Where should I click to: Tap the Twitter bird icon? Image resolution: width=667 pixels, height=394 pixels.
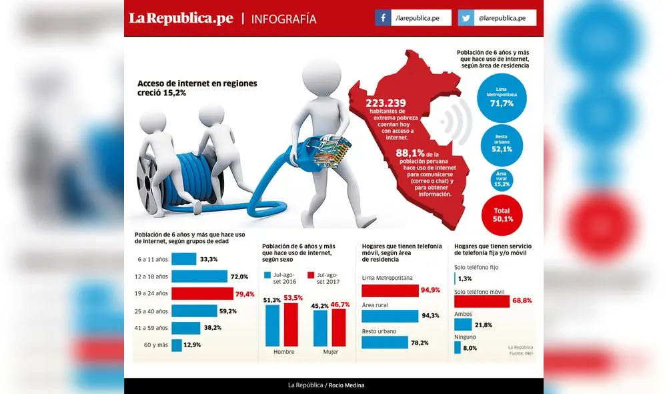click(466, 18)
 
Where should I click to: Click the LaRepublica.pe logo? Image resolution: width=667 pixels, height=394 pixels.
click(181, 19)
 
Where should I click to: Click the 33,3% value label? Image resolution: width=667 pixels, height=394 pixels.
click(209, 259)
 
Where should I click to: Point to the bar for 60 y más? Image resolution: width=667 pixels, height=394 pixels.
click(176, 345)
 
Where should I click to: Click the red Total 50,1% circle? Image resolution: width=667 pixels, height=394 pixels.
click(502, 214)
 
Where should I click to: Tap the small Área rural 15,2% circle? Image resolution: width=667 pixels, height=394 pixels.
click(501, 179)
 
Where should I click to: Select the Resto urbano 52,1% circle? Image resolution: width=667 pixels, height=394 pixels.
click(501, 145)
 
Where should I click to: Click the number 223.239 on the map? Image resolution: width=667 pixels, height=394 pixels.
click(386, 102)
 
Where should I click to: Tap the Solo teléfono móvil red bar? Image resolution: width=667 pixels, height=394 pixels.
click(482, 302)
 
